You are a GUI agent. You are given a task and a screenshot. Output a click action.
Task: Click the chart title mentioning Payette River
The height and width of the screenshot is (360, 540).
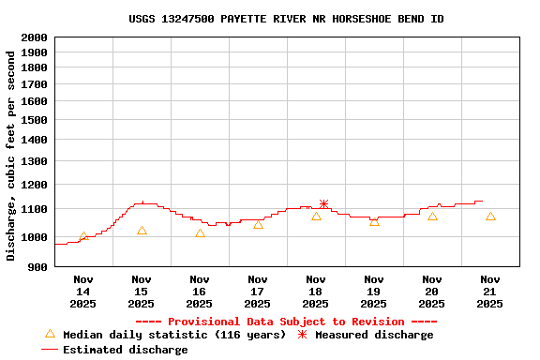(286, 19)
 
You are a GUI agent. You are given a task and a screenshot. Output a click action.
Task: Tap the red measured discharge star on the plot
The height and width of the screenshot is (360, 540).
(323, 204)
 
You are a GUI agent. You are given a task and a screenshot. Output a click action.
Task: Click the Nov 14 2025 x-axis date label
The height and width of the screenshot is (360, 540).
(83, 292)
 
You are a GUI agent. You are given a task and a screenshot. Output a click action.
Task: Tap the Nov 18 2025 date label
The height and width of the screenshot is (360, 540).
(316, 292)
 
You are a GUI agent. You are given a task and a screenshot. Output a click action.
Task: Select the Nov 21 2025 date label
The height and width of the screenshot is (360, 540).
(490, 292)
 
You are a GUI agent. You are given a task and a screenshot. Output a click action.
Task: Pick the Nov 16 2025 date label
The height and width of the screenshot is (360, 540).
(200, 292)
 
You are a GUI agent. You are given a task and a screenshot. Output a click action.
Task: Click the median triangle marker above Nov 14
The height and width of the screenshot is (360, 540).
(83, 236)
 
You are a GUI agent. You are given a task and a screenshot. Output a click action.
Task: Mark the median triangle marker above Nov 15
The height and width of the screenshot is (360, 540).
(142, 230)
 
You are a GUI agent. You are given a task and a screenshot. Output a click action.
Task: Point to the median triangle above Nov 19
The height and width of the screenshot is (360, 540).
(374, 221)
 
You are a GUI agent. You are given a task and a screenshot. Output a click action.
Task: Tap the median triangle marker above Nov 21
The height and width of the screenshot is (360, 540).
(490, 216)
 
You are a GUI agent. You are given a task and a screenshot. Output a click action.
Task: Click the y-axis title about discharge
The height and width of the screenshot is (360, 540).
(11, 156)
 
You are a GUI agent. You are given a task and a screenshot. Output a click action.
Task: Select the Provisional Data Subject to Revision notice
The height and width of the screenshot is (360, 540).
(286, 322)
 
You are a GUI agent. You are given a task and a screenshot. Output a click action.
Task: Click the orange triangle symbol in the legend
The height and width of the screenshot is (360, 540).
(50, 334)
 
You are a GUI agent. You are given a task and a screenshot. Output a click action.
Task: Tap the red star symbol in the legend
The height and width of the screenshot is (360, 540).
(302, 335)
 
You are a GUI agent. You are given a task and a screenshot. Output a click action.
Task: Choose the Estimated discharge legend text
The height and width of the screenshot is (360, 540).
(125, 350)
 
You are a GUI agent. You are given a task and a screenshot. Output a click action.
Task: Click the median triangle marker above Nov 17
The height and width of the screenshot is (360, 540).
(258, 224)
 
